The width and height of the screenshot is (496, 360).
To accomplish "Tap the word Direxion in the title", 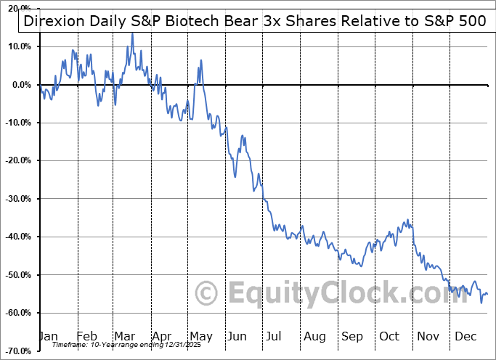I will tap(52, 20).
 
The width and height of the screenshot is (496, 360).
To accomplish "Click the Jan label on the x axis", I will tap(48, 336).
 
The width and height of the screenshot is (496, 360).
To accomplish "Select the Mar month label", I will tap(125, 336).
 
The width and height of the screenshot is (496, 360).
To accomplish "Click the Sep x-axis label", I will tap(353, 336).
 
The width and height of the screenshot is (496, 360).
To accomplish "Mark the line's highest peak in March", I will tap(131, 33).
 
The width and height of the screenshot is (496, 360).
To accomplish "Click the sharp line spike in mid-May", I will tap(200, 60).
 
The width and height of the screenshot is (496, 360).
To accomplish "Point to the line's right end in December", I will tap(487, 294).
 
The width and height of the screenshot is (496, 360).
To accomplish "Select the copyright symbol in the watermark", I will tap(207, 293).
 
